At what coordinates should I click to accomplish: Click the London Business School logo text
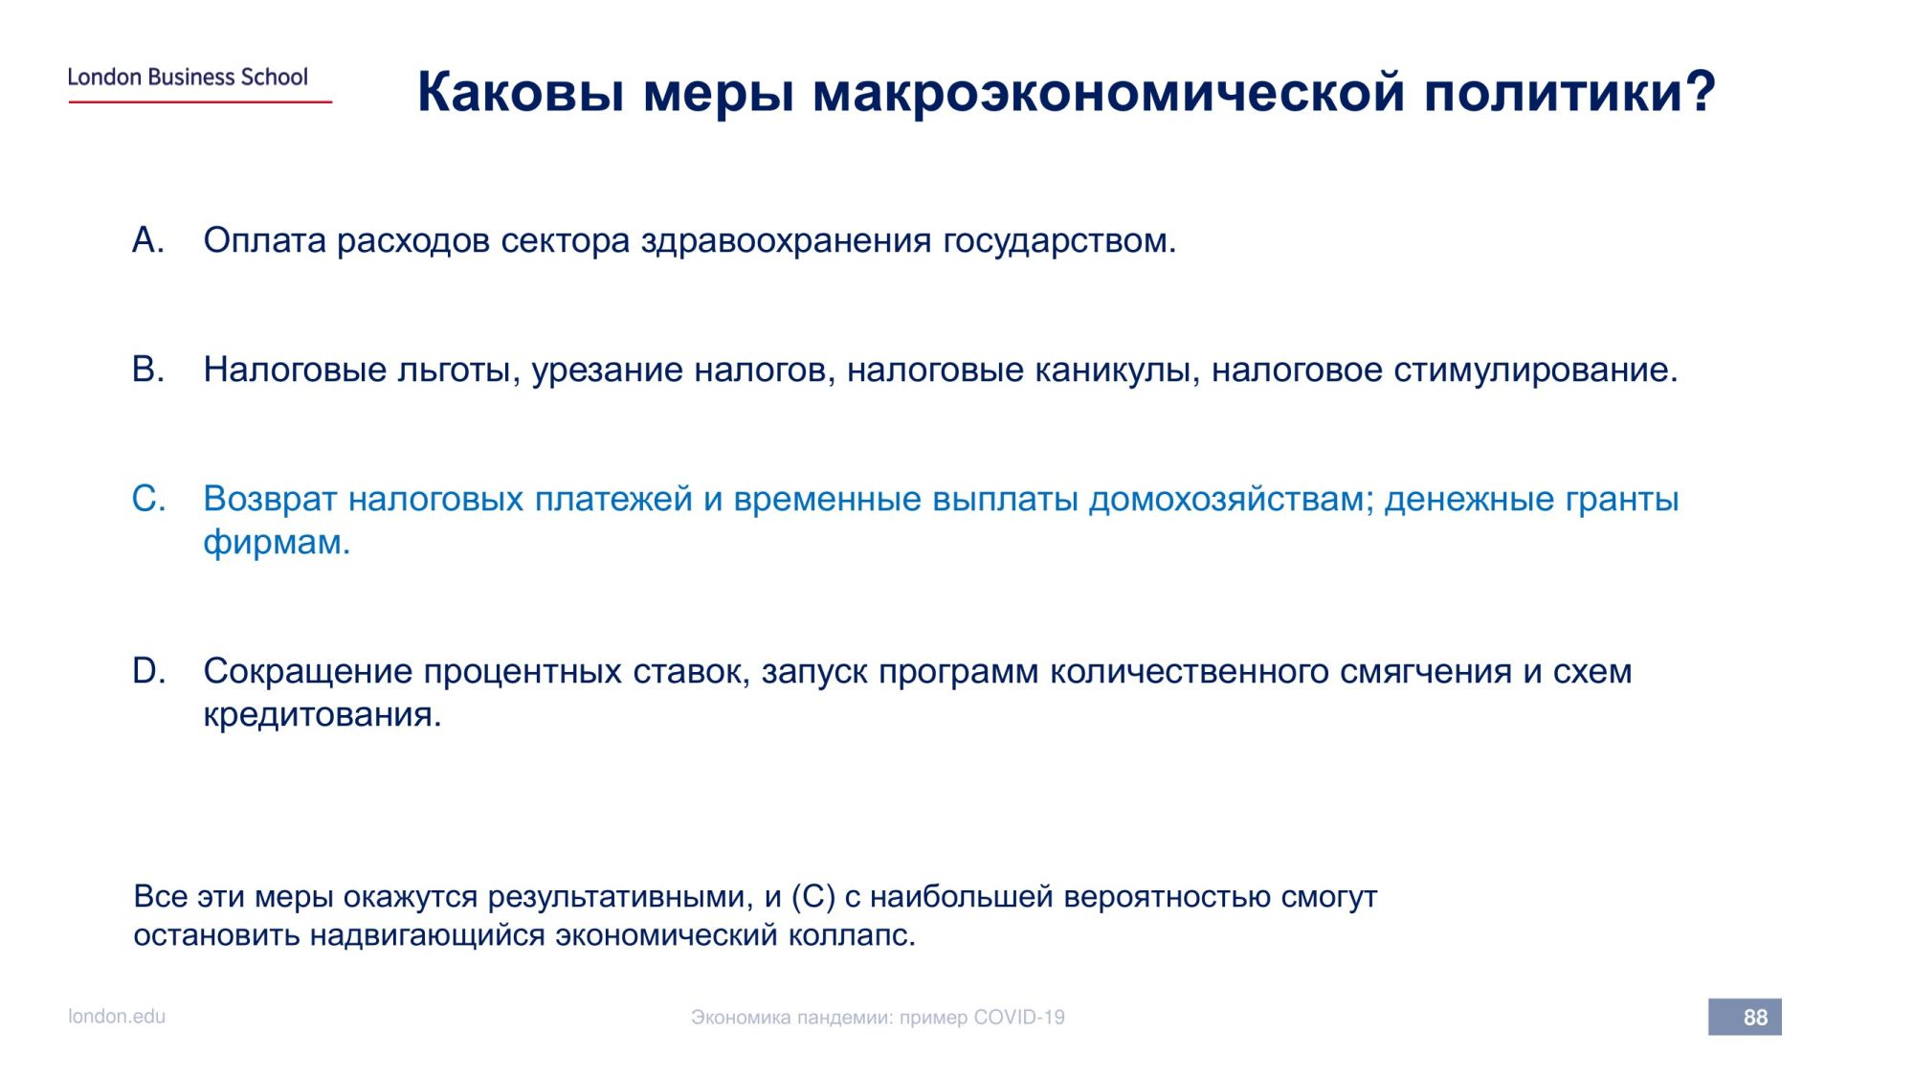[x=188, y=77]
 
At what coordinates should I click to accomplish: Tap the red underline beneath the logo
[x=200, y=101]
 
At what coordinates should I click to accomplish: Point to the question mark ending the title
[x=1700, y=92]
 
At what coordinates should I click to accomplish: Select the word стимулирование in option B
[x=1536, y=370]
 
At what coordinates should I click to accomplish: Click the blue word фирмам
[x=277, y=543]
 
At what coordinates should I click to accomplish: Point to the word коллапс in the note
[x=852, y=935]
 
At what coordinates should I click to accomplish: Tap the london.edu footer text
[x=117, y=1017]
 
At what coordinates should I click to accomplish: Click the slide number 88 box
[x=1745, y=1017]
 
